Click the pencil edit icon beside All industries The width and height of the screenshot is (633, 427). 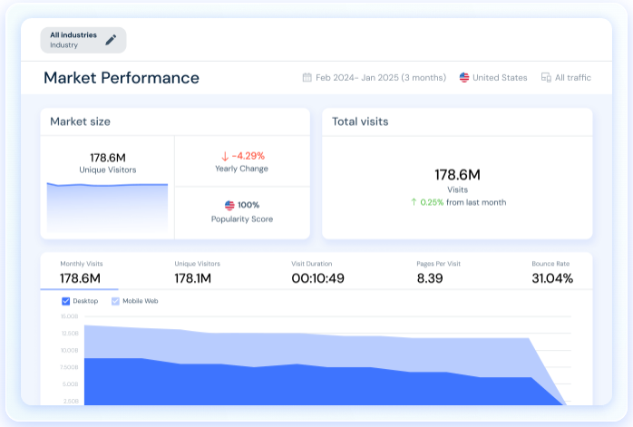(111, 39)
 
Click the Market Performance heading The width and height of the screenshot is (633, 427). (122, 78)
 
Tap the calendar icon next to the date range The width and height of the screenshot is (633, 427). (307, 78)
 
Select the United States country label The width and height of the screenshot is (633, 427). (500, 78)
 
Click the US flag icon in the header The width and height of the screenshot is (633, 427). (464, 78)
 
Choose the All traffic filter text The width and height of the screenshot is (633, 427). (573, 78)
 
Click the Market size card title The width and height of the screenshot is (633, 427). (80, 121)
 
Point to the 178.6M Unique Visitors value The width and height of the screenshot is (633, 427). (107, 158)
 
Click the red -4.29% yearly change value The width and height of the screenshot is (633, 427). (249, 155)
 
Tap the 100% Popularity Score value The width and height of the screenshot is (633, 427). (248, 205)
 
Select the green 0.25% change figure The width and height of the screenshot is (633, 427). (432, 202)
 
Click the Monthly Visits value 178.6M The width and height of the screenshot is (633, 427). (80, 278)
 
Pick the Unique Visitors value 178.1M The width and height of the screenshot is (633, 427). (193, 278)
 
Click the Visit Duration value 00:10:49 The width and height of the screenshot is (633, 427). (317, 278)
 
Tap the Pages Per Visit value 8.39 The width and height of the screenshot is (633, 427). (430, 278)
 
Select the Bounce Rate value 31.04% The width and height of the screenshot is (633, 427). (551, 278)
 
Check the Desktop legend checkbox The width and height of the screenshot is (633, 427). (66, 301)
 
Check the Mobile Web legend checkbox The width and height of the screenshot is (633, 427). (115, 301)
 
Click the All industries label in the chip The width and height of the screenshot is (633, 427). (73, 35)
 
